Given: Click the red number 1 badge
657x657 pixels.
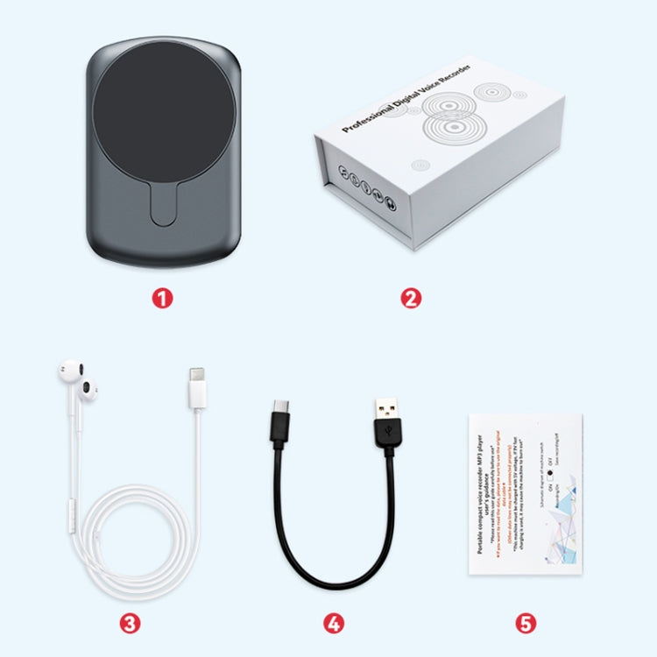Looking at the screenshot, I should tap(161, 298).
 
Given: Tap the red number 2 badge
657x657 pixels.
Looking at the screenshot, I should tap(411, 298).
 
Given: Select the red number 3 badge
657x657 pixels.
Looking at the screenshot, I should tap(130, 623).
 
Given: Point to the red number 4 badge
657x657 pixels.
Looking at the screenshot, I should tap(333, 623).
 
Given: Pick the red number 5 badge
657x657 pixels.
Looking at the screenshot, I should tap(524, 623).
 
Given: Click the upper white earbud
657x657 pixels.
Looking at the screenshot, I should tap(67, 371).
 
